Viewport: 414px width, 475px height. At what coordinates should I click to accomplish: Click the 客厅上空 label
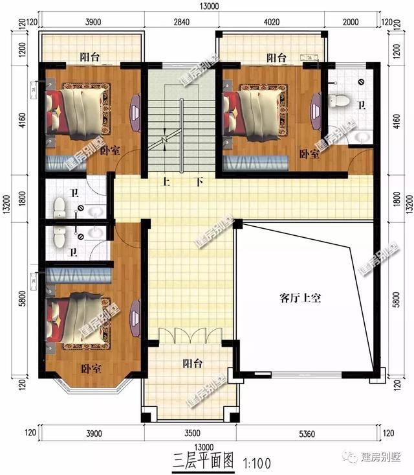tap(301, 299)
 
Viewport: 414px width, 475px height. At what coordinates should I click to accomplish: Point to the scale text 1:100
tap(257, 463)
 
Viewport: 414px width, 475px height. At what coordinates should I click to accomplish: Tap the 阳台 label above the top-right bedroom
tap(276, 58)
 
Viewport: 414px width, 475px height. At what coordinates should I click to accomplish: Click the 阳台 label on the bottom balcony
tap(192, 364)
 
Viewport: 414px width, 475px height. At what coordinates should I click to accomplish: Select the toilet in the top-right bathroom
tap(338, 101)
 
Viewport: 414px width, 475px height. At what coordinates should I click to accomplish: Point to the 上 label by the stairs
tap(166, 182)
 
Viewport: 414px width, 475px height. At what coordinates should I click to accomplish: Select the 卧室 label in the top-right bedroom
tap(309, 154)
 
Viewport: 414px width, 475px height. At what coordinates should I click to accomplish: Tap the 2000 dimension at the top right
tap(351, 22)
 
